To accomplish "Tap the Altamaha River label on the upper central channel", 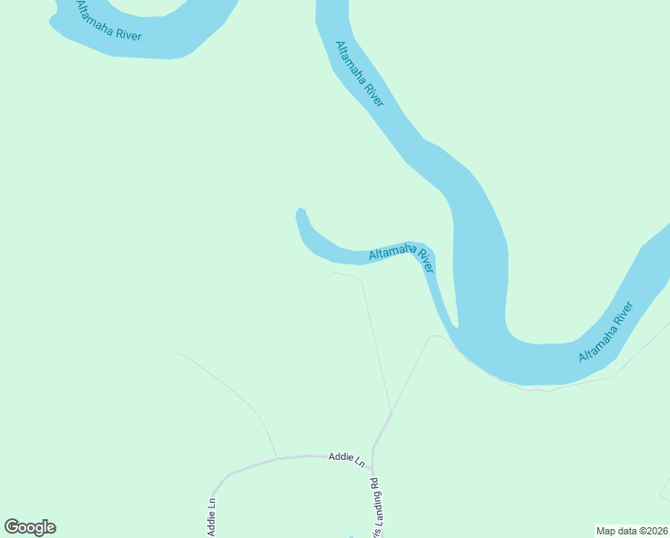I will point(359,74).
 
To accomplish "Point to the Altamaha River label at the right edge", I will point(606,332).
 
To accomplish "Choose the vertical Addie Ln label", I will point(211,517).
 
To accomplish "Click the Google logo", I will point(30,527).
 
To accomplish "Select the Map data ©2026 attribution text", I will point(631,531).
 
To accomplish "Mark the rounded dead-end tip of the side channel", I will point(301,212).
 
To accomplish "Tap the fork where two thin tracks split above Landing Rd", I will point(391,413).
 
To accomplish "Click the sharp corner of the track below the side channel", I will point(361,279).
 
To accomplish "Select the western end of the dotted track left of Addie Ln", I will point(177,353).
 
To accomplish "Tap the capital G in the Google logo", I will point(12,527).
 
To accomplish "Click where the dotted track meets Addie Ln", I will point(277,457).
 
